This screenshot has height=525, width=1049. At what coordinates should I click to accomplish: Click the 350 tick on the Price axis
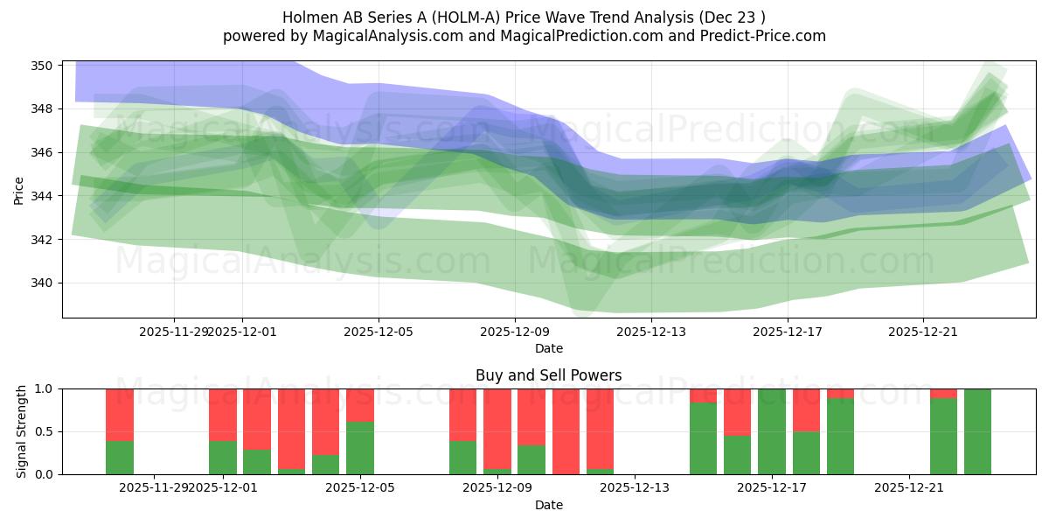[41, 66]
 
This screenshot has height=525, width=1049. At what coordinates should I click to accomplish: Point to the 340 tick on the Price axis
[41, 283]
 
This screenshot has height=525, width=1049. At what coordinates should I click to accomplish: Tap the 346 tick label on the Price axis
[41, 152]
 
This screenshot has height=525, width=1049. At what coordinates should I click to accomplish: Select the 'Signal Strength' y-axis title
[23, 431]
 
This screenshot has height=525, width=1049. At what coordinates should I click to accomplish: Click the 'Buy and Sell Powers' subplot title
[548, 375]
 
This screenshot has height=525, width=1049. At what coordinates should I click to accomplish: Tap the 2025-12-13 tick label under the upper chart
[651, 332]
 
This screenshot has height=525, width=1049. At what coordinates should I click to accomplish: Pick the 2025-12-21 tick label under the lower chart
[910, 488]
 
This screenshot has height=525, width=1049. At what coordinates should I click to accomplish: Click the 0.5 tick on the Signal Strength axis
[44, 431]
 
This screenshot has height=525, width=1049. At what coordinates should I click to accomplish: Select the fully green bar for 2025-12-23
[977, 431]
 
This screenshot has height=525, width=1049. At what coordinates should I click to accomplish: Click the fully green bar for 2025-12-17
[772, 431]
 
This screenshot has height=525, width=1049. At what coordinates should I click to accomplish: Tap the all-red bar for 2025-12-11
[566, 431]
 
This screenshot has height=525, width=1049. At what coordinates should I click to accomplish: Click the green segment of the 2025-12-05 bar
[360, 448]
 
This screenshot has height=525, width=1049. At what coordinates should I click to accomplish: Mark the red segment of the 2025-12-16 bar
[737, 411]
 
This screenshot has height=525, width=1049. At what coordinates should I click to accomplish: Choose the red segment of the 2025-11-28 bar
[120, 414]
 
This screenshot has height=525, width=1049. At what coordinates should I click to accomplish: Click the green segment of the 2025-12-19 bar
[840, 437]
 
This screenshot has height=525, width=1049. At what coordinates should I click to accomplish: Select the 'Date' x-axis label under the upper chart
[548, 348]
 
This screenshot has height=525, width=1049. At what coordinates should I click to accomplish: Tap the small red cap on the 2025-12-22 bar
[943, 393]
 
